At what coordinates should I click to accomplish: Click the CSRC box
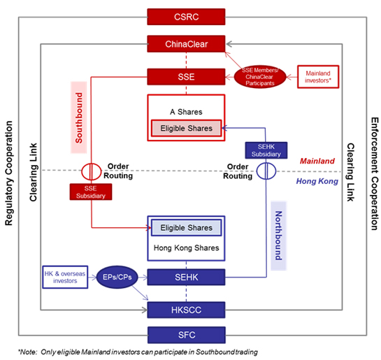click(x=186, y=17)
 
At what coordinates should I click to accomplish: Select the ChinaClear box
click(x=186, y=44)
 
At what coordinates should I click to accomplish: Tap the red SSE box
click(x=186, y=77)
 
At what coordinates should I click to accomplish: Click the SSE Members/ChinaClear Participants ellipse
click(x=260, y=77)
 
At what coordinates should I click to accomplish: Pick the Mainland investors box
click(x=318, y=77)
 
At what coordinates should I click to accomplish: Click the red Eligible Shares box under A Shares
click(x=187, y=128)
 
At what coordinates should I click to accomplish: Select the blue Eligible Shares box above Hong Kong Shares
click(x=187, y=228)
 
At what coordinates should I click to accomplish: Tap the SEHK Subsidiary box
click(x=266, y=150)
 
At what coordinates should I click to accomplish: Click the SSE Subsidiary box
click(x=91, y=192)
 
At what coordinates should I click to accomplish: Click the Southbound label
click(x=79, y=117)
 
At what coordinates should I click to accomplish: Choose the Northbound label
click(x=279, y=236)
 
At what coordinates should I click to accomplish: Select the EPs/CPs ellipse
click(x=117, y=278)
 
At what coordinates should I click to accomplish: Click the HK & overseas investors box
click(x=65, y=278)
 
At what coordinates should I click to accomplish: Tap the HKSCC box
click(x=186, y=310)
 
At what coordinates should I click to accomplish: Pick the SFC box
click(x=187, y=335)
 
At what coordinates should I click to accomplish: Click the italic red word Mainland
click(x=317, y=161)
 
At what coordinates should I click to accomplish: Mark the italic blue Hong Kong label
click(x=317, y=181)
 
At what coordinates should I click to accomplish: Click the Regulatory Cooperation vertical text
click(x=9, y=173)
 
